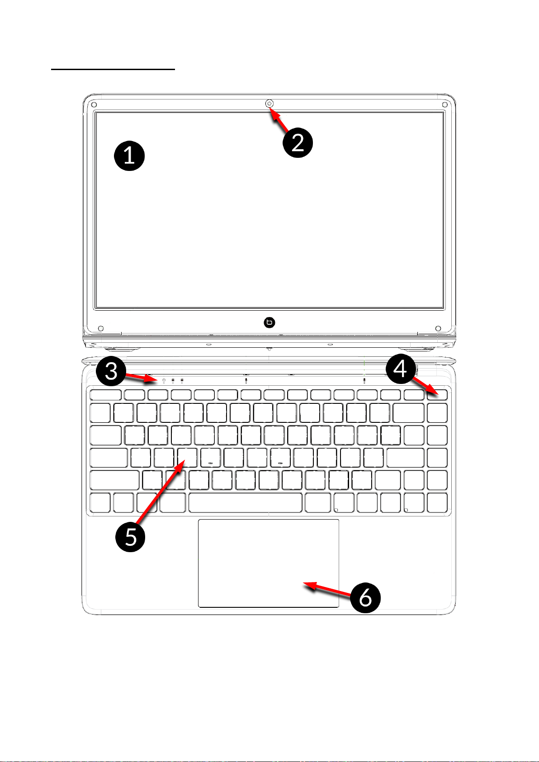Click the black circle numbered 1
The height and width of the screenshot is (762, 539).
[129, 156]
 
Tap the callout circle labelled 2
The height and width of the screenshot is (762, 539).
[298, 142]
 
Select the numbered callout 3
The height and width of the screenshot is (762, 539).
[111, 371]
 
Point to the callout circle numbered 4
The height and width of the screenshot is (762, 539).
[401, 369]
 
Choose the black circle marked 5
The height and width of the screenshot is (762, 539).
[130, 537]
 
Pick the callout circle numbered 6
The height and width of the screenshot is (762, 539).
[365, 598]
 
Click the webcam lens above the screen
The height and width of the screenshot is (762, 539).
[269, 103]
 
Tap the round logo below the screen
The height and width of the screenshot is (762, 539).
[269, 322]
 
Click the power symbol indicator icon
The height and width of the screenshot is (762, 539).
[164, 379]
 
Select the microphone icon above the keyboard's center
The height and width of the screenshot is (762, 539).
[246, 380]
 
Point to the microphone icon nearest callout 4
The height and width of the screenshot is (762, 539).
[364, 380]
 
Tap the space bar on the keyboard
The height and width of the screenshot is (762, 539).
[245, 502]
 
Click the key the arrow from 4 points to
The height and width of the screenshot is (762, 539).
[437, 395]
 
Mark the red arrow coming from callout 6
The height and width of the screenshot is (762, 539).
[327, 589]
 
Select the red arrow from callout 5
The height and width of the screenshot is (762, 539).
[161, 492]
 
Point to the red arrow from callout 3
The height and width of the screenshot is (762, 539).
[141, 377]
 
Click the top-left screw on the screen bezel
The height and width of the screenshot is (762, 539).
[94, 104]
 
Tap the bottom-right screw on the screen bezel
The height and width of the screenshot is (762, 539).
[438, 328]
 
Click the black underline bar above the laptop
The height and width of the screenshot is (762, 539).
[113, 69]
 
